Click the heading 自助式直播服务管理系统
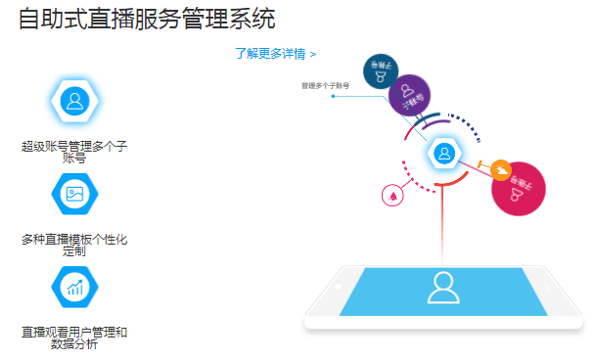146,19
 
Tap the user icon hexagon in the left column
74,101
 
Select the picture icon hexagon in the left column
74,193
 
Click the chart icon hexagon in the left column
74,286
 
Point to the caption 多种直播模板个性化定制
74,244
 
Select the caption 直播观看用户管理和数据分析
74,337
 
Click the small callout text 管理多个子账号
326,86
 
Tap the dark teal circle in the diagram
381,70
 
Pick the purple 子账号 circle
410,96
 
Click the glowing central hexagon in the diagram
444,154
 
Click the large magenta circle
517,188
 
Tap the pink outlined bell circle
392,195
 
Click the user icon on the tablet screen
445,288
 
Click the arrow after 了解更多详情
312,54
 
